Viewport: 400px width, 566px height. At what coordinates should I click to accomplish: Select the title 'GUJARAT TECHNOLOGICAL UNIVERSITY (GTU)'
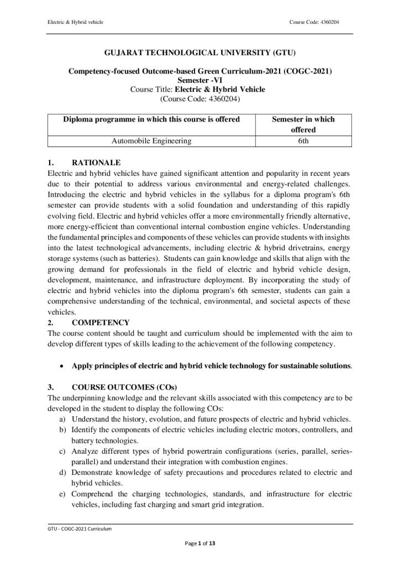pos(200,53)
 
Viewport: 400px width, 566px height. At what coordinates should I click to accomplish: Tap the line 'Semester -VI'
pos(199,80)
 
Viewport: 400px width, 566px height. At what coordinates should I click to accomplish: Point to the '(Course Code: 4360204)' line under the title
pos(200,99)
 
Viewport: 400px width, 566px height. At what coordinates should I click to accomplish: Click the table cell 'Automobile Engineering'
pos(151,141)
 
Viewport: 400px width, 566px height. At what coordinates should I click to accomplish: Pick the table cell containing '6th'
pos(303,141)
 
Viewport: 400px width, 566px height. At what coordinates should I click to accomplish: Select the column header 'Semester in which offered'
pos(303,124)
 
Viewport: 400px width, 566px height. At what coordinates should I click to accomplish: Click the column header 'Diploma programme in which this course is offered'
pos(151,119)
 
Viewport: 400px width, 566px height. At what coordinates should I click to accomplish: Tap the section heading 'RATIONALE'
pos(96,163)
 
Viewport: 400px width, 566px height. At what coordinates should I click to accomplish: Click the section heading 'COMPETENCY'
pos(101,322)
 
